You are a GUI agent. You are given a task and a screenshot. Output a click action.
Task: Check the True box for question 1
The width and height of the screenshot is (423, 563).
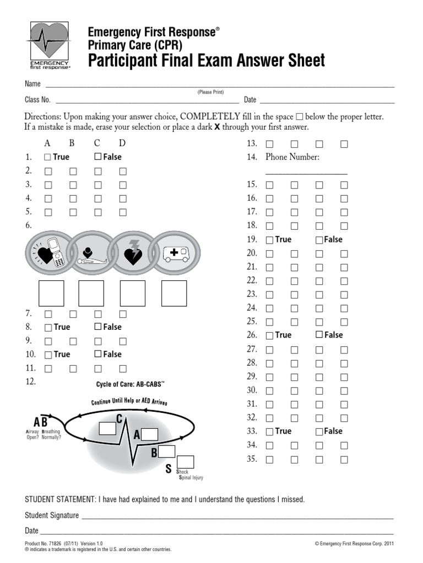(47, 157)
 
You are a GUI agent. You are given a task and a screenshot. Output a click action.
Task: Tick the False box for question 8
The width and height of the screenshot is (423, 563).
(98, 327)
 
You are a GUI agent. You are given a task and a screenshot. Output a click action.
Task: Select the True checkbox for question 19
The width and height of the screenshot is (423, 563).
(269, 240)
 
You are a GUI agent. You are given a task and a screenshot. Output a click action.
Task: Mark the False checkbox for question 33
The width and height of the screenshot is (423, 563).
(319, 432)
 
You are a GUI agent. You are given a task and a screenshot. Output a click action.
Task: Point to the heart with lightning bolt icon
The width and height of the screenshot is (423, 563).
(134, 253)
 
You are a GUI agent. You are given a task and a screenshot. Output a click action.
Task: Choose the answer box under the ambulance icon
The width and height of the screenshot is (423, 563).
(174, 293)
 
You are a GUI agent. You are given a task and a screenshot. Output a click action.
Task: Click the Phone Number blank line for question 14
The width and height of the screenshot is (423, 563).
(306, 174)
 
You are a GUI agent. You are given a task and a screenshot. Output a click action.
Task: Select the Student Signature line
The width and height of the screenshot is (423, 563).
(237, 518)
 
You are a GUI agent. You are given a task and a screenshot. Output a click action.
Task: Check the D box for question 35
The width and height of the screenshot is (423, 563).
(344, 460)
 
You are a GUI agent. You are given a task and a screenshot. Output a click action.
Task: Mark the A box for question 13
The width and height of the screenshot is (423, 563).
(269, 144)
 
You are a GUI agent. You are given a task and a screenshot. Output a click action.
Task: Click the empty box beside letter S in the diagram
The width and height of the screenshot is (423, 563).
(186, 462)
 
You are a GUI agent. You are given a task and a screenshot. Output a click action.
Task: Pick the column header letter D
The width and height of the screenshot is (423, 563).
(122, 143)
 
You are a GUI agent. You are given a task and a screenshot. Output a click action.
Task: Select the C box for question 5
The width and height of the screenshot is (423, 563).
(98, 212)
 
